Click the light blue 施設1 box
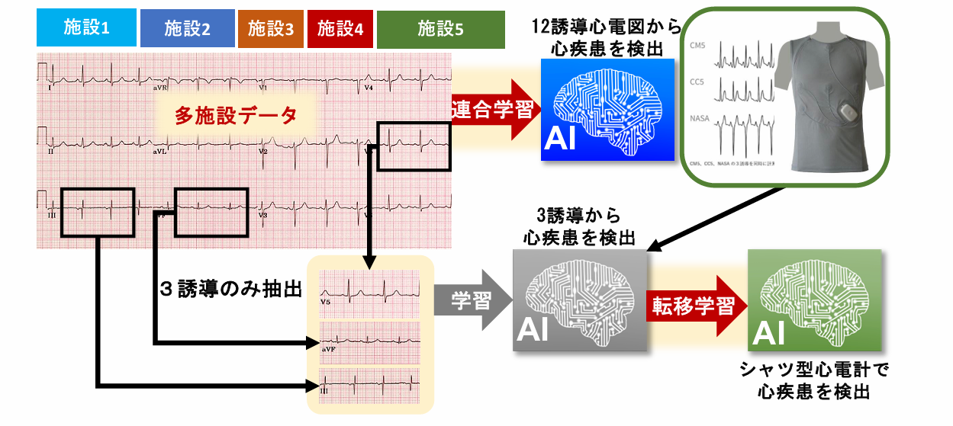pos(86,29)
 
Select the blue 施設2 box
pos(187,29)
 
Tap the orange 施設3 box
pos(270,29)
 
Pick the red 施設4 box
pos(340,29)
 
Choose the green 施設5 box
pos(440,29)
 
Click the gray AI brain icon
pos(580,299)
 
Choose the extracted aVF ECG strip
pos(370,339)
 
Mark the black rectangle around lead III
pos(98,212)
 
